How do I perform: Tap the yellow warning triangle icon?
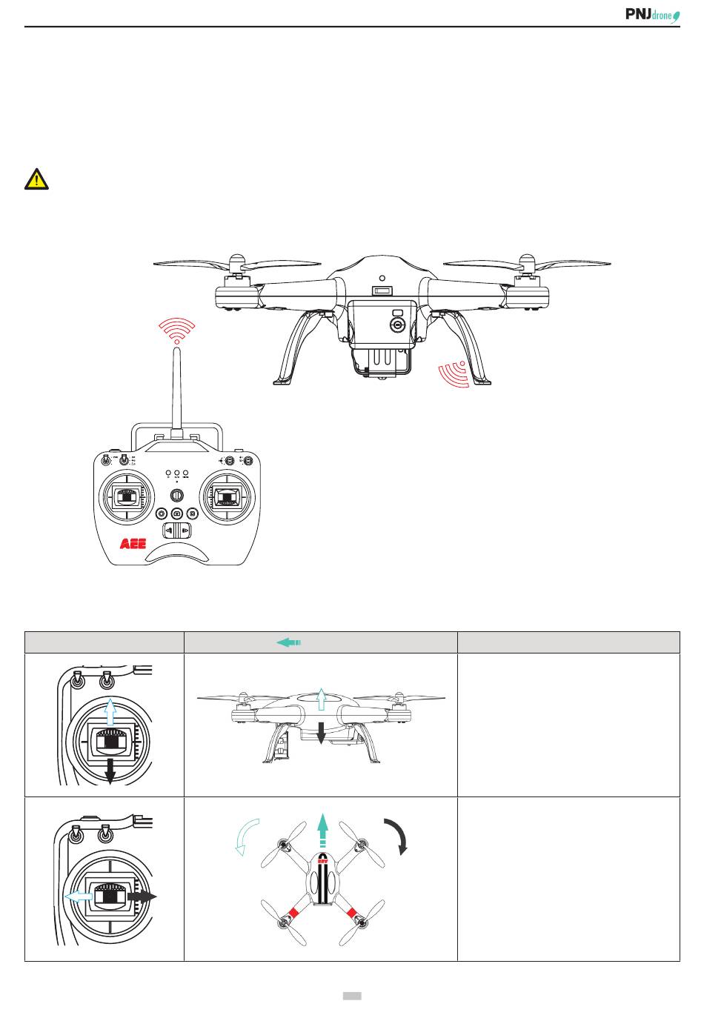(x=36, y=179)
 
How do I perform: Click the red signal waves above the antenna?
(x=177, y=330)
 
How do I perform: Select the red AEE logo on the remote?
(x=133, y=544)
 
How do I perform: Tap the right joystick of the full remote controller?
(x=229, y=497)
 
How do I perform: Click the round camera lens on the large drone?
(x=398, y=325)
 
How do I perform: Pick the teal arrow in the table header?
(x=288, y=642)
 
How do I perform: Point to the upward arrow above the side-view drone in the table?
(x=321, y=699)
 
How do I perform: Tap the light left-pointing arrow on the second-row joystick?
(x=78, y=896)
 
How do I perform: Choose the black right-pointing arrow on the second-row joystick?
(x=142, y=896)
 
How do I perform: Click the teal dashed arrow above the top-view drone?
(x=322, y=830)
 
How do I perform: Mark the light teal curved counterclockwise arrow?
(x=246, y=837)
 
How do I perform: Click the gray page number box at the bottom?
(x=352, y=996)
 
